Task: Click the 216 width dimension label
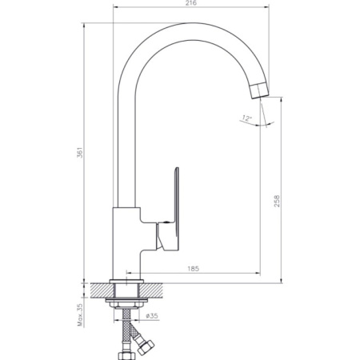191,3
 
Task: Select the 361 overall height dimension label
80,153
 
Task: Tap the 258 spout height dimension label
277,201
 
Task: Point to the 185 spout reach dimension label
194,269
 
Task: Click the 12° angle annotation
247,118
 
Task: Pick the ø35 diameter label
152,316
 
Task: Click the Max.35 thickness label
80,315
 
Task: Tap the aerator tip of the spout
260,90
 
